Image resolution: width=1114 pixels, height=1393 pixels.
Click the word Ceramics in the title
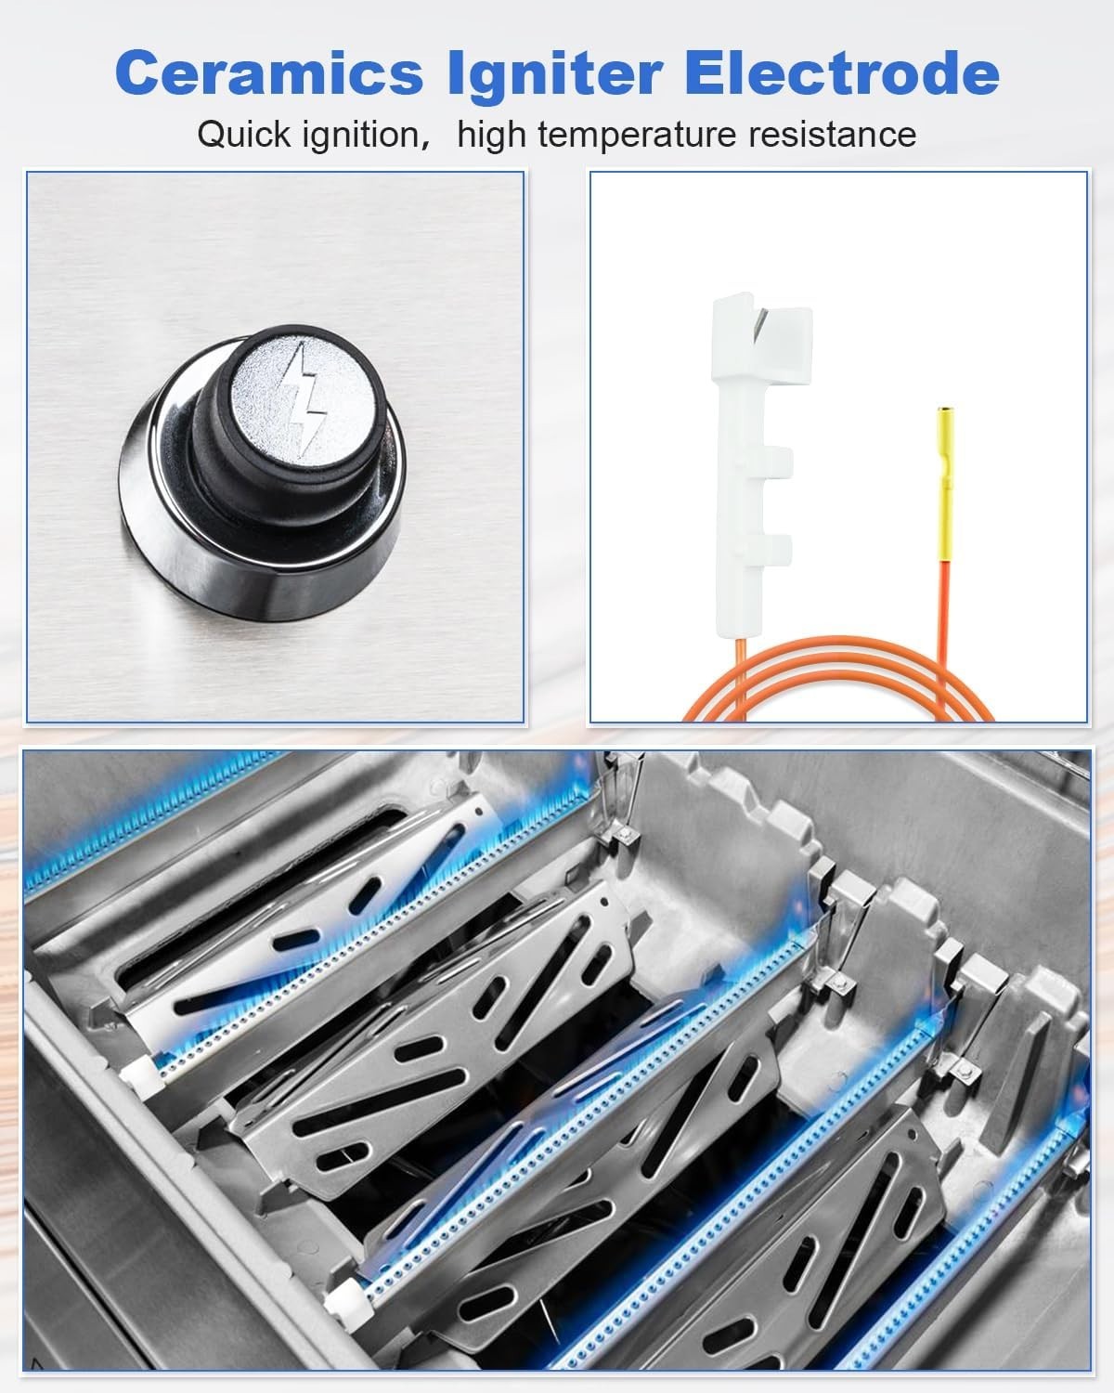[x=269, y=73]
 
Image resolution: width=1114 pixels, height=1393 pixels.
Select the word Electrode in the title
[x=842, y=73]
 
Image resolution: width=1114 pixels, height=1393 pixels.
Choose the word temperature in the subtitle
[x=637, y=137]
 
